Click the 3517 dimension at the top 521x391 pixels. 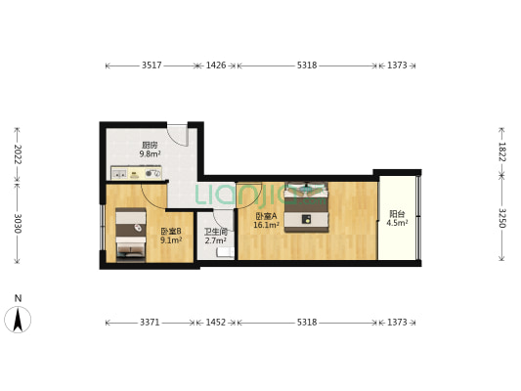click(x=152, y=65)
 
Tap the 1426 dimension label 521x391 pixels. click(x=216, y=65)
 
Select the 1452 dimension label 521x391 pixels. click(x=216, y=322)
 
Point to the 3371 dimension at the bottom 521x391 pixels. click(x=150, y=322)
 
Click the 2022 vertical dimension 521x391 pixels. click(x=18, y=154)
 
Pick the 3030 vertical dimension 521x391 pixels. click(x=18, y=223)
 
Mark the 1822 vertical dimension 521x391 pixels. click(x=501, y=152)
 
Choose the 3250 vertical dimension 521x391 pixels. click(x=501, y=218)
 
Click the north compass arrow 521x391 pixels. click(x=18, y=320)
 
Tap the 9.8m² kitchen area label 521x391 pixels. click(x=150, y=153)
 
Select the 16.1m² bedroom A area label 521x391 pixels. click(x=266, y=225)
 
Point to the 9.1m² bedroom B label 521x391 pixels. click(x=171, y=239)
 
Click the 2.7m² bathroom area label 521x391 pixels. click(x=216, y=240)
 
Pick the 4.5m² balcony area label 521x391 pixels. click(x=397, y=223)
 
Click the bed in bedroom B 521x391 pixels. click(x=131, y=235)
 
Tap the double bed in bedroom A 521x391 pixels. click(x=306, y=206)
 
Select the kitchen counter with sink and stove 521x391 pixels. click(x=136, y=173)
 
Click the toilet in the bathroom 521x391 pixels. click(x=226, y=252)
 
